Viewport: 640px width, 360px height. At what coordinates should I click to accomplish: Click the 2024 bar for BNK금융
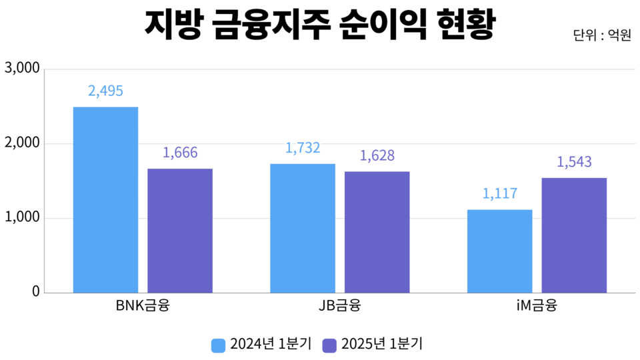105,199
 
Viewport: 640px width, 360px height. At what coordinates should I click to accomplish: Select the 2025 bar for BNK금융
180,230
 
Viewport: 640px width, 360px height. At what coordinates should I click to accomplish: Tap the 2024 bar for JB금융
303,228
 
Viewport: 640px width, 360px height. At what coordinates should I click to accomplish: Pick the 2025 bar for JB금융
377,232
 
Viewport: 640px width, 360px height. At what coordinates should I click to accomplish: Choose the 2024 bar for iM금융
499,251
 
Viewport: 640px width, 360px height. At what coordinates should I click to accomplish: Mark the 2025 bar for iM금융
574,235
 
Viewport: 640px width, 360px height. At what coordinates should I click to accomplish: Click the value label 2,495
105,91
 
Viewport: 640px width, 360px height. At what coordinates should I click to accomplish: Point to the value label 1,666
180,153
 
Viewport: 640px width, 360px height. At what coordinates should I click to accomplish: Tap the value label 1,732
303,148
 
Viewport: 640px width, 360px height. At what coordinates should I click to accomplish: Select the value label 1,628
377,155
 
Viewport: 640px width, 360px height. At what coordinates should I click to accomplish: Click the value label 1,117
499,194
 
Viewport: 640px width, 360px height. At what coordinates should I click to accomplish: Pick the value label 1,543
574,162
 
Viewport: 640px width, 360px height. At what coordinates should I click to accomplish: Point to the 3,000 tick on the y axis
22,69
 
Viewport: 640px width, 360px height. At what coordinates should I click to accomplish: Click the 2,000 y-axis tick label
22,143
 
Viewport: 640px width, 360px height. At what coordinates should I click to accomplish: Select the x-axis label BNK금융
143,307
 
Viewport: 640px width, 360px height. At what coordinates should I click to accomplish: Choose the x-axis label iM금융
537,307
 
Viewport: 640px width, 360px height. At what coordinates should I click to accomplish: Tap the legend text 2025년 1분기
382,344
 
